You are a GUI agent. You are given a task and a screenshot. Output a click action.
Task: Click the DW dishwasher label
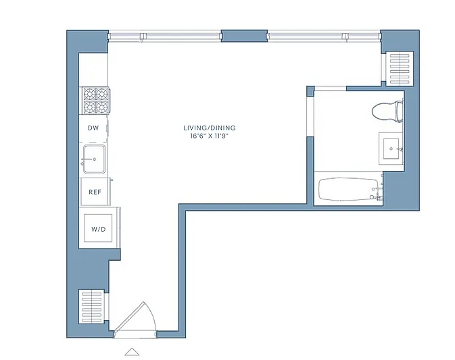[93, 128]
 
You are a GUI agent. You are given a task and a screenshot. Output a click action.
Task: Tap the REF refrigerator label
[95, 192]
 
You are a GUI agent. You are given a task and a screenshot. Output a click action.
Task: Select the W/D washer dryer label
[99, 229]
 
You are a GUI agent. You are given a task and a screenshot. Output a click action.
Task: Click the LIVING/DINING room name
[210, 128]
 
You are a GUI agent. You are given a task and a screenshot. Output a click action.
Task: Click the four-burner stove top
[96, 101]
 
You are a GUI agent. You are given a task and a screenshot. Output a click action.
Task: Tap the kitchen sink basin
[94, 159]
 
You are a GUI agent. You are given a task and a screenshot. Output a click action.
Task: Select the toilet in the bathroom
[387, 111]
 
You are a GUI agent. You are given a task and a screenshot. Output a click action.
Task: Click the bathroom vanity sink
[391, 149]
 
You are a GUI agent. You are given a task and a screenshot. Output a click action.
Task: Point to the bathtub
[348, 189]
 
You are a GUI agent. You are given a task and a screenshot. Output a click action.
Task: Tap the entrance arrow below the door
[132, 351]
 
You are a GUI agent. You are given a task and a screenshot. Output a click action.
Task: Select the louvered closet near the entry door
[92, 306]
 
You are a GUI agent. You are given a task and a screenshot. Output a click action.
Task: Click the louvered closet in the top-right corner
[400, 68]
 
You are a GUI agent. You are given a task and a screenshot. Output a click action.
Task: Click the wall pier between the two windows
[244, 36]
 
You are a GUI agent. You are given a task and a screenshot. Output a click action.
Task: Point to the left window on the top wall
[164, 36]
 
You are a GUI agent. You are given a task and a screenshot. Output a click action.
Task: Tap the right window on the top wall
[324, 36]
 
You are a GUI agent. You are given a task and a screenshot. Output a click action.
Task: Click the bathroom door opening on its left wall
[310, 117]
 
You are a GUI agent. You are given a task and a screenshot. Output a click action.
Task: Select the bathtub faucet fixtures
[378, 192]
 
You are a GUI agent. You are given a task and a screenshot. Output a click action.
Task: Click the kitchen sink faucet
[88, 159]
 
